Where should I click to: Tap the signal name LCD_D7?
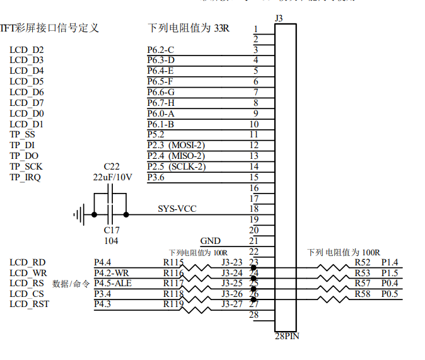tap(26, 103)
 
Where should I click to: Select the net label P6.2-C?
tap(161, 50)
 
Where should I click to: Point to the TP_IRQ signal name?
tap(26, 177)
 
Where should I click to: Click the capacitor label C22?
tap(112, 166)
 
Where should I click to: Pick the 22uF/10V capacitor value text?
tap(112, 177)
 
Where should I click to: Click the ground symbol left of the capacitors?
tap(79, 214)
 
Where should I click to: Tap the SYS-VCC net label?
tap(177, 209)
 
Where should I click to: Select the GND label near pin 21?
tap(210, 241)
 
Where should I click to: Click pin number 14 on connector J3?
tap(254, 166)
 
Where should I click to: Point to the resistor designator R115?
tap(173, 262)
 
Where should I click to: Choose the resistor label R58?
tap(363, 294)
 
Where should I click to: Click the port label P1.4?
tap(390, 262)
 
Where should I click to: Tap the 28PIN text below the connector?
tap(288, 336)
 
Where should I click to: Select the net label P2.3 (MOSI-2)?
tap(176, 146)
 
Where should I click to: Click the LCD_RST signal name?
tap(29, 305)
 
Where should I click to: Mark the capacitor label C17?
tap(112, 230)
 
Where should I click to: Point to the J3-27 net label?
tap(231, 305)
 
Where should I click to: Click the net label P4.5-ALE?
tap(113, 284)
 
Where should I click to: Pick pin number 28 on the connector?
tap(254, 315)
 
